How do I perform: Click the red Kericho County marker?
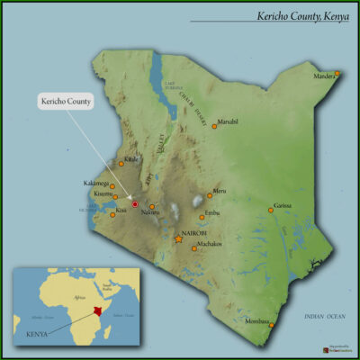click(x=135, y=204)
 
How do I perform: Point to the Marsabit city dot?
click(x=214, y=127)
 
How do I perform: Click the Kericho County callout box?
click(x=67, y=102)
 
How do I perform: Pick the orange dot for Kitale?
click(x=122, y=164)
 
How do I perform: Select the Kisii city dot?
click(x=112, y=210)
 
